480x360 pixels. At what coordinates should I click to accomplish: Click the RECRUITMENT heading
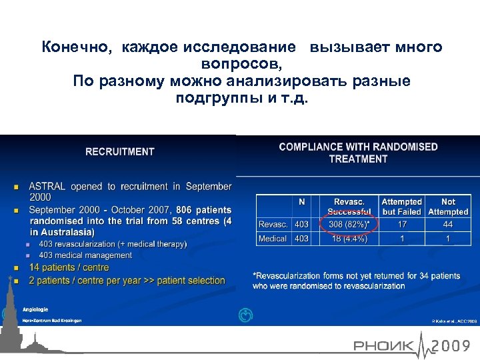tap(120, 151)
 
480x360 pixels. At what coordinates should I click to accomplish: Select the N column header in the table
tap(301, 201)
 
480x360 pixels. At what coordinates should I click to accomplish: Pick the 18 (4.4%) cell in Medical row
tap(349, 238)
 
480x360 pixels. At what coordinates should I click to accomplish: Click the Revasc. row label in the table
tap(273, 224)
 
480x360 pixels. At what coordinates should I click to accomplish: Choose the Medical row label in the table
tap(273, 238)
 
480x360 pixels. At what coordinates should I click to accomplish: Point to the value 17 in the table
tap(401, 224)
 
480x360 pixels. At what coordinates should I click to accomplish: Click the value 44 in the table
tap(448, 224)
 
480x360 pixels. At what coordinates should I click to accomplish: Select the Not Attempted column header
tap(448, 206)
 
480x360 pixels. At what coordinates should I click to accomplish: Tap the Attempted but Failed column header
tap(401, 206)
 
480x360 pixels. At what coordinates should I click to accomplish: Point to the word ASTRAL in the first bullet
tap(47, 187)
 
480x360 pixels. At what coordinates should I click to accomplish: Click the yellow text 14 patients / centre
tap(69, 267)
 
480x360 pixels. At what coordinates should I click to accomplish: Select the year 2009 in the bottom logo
tap(454, 345)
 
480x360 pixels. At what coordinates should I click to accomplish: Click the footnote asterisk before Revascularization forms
tap(255, 275)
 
